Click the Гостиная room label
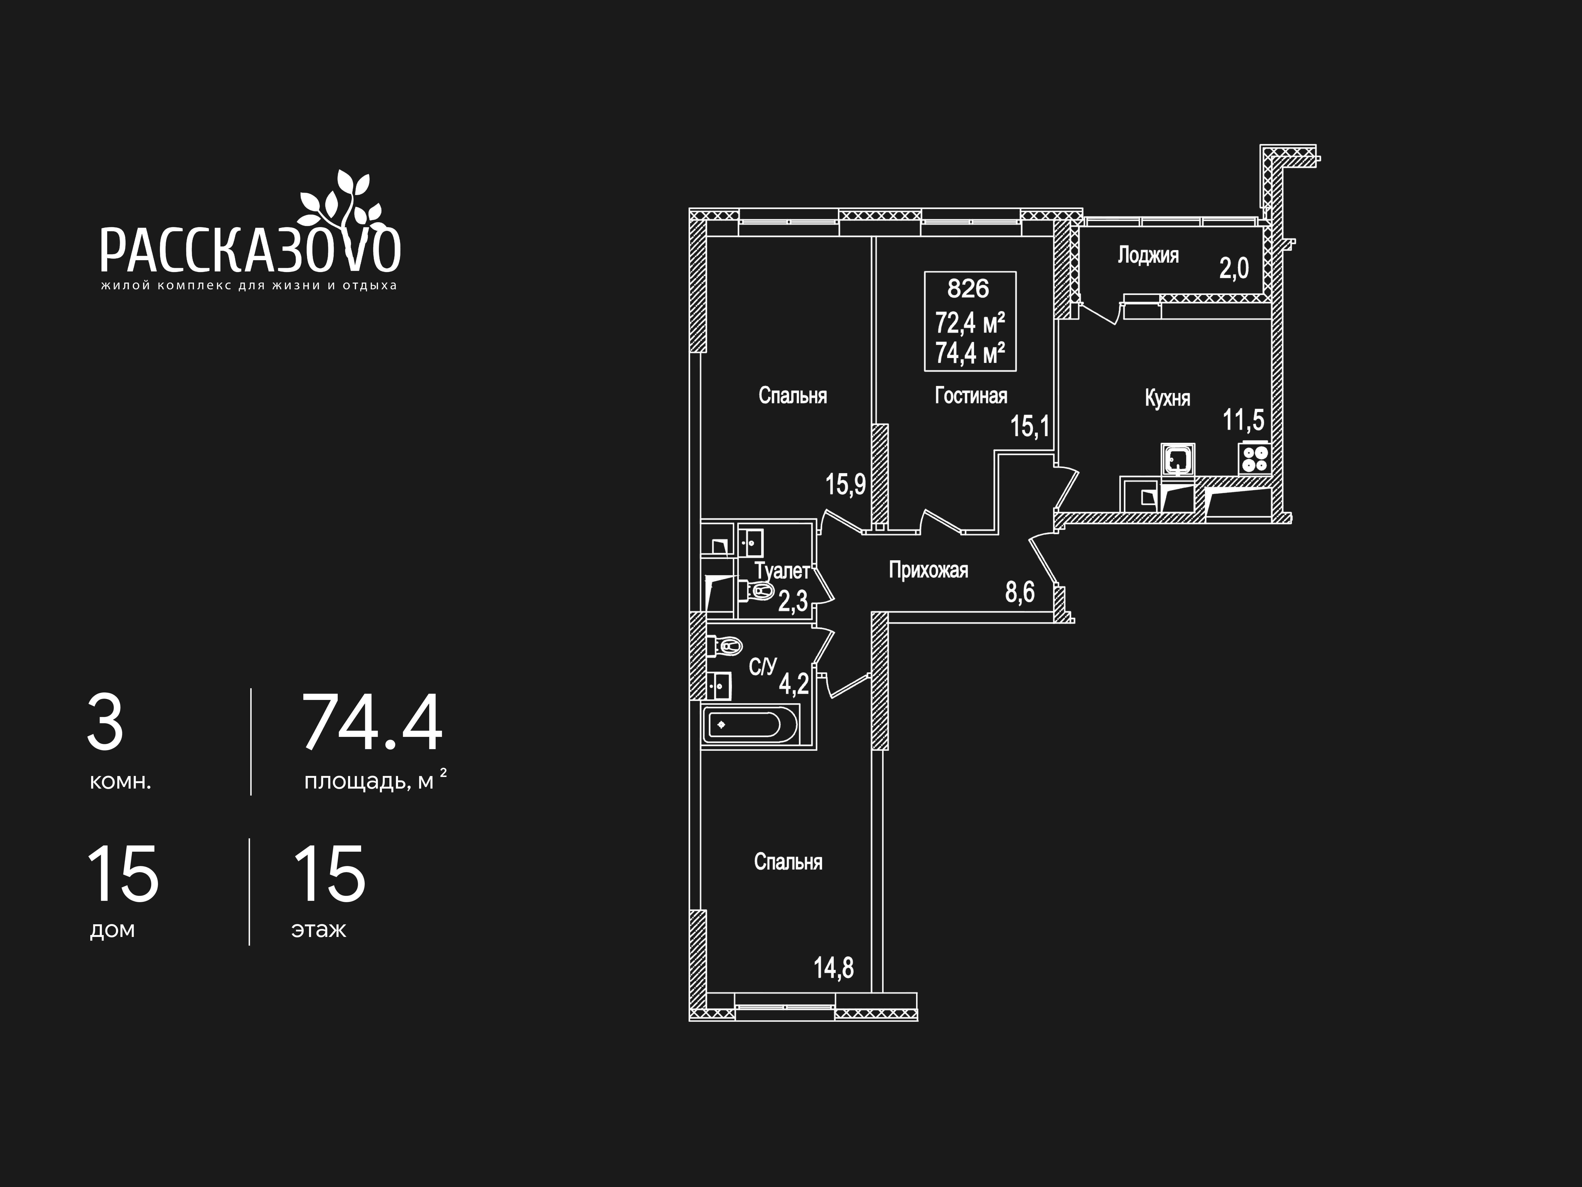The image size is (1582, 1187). (x=971, y=396)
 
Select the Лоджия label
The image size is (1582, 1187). (x=1148, y=255)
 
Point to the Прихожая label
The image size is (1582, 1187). (x=928, y=570)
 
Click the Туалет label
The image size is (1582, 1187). (x=782, y=571)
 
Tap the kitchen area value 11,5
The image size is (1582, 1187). (x=1244, y=420)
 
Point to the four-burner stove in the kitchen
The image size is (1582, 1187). (x=1254, y=458)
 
